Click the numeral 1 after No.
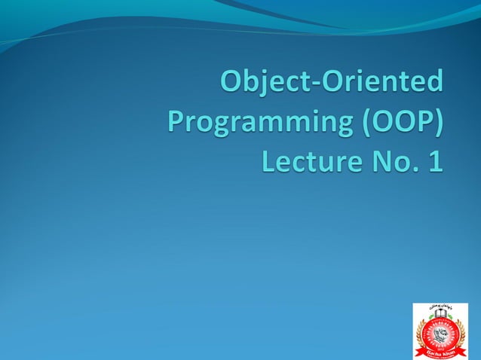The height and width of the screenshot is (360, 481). (x=434, y=160)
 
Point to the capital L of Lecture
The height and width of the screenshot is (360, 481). (x=269, y=160)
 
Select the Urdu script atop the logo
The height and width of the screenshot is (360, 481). (x=440, y=307)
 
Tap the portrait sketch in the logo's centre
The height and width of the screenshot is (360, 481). (x=440, y=334)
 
